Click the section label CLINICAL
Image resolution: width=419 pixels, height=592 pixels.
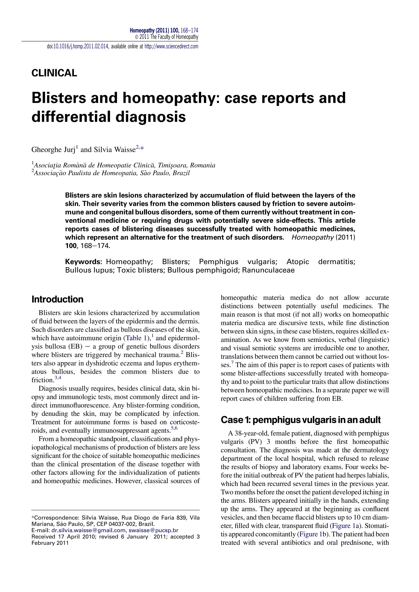coord(54,73)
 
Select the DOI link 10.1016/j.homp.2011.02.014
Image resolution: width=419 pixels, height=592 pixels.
coord(81,47)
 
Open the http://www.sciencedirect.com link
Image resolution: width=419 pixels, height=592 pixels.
coord(171,47)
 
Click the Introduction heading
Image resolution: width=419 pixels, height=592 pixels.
coord(57,299)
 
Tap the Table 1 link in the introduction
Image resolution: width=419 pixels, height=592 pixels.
coord(137,338)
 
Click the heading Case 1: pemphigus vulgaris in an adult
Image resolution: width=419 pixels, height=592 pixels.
coord(301,420)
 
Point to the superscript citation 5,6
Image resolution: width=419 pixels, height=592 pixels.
coord(174,428)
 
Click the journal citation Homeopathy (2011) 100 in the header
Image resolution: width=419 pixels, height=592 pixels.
coord(154,31)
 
